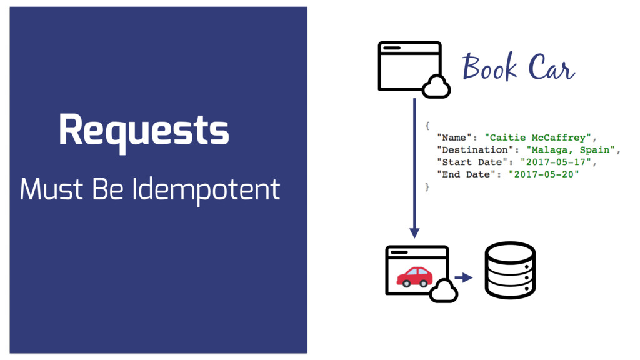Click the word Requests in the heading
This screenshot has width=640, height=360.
click(144, 131)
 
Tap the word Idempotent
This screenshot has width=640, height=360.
click(206, 189)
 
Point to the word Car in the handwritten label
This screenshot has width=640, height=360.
click(550, 68)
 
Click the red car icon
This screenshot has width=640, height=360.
click(414, 276)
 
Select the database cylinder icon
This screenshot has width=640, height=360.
click(511, 271)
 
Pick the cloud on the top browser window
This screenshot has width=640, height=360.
click(436, 86)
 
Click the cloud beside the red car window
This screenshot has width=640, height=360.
click(444, 290)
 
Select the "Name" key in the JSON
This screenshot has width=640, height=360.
click(454, 137)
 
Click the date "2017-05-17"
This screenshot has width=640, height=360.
click(556, 162)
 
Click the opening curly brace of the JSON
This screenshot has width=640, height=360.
click(427, 126)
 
